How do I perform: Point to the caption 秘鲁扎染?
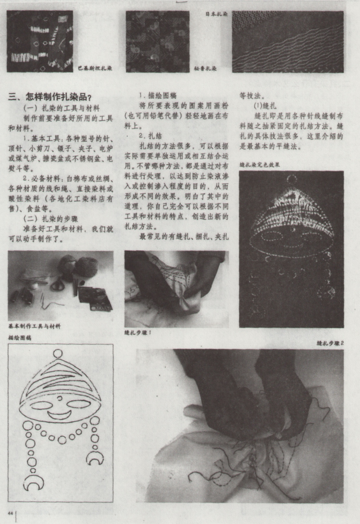205,68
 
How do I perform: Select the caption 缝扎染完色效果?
260,164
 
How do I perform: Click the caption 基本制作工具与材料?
34,327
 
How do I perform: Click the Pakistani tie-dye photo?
40,41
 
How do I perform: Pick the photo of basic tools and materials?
61,285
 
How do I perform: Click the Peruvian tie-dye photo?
157,41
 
